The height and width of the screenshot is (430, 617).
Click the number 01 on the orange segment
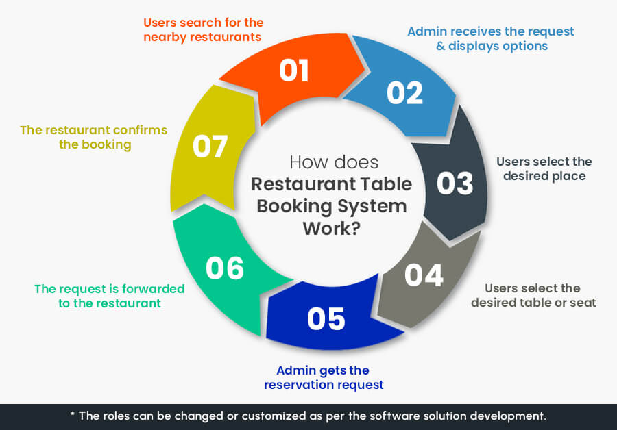pos(294,71)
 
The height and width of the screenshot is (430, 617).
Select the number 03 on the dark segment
pos(455,184)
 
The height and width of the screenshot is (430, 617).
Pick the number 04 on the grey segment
pos(424,275)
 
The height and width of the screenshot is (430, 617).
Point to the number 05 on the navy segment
pos(326,319)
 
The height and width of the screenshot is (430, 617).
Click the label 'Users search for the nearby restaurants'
pos(202,29)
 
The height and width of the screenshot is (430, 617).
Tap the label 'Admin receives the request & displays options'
pos(490,38)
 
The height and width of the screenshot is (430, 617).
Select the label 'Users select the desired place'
pos(544,169)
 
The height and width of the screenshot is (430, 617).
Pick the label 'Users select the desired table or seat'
pos(533,295)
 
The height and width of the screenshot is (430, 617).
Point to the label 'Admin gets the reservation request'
pos(324,377)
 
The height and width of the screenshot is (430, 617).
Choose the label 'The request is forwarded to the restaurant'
pos(110,296)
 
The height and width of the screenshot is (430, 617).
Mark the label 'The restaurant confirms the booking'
pos(94,137)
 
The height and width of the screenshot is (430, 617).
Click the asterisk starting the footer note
pos(73,414)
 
